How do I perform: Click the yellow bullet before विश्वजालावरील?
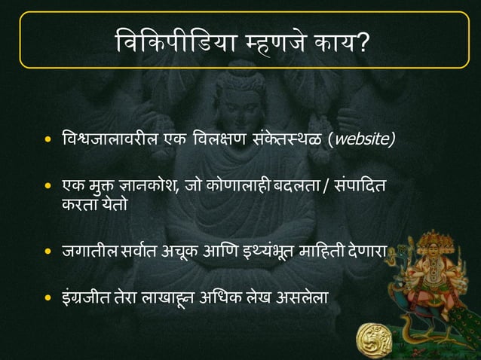(49, 140)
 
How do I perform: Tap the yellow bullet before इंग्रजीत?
(49, 298)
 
